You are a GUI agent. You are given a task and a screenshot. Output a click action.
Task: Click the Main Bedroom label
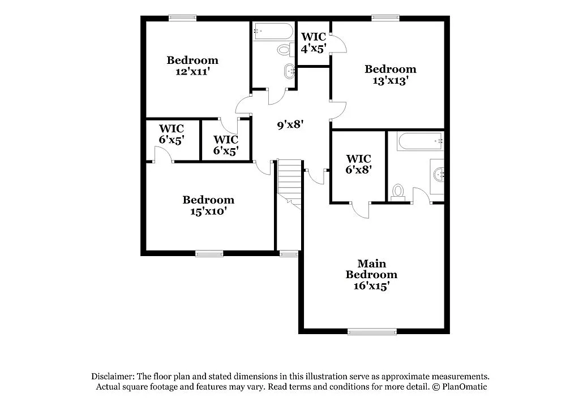coord(371,269)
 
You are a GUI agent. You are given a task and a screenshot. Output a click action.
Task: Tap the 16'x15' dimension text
coord(371,286)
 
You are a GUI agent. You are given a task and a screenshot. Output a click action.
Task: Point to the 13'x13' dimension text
coord(391,81)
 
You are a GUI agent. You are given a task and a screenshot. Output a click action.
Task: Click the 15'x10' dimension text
coord(208,211)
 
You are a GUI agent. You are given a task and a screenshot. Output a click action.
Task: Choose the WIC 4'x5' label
coord(313,43)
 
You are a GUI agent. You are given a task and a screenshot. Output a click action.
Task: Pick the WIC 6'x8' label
coord(358,164)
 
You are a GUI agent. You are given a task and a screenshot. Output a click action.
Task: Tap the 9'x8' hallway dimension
coord(291,125)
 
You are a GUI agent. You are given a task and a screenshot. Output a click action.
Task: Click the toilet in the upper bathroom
coord(285,50)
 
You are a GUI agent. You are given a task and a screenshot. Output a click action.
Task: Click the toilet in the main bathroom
coord(398,192)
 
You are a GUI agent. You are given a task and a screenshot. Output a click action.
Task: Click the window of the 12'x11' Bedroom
coord(182,18)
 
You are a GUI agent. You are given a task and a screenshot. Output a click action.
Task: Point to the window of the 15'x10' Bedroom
coord(209,253)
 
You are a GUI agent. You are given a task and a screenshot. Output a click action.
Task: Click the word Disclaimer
coord(112,376)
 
